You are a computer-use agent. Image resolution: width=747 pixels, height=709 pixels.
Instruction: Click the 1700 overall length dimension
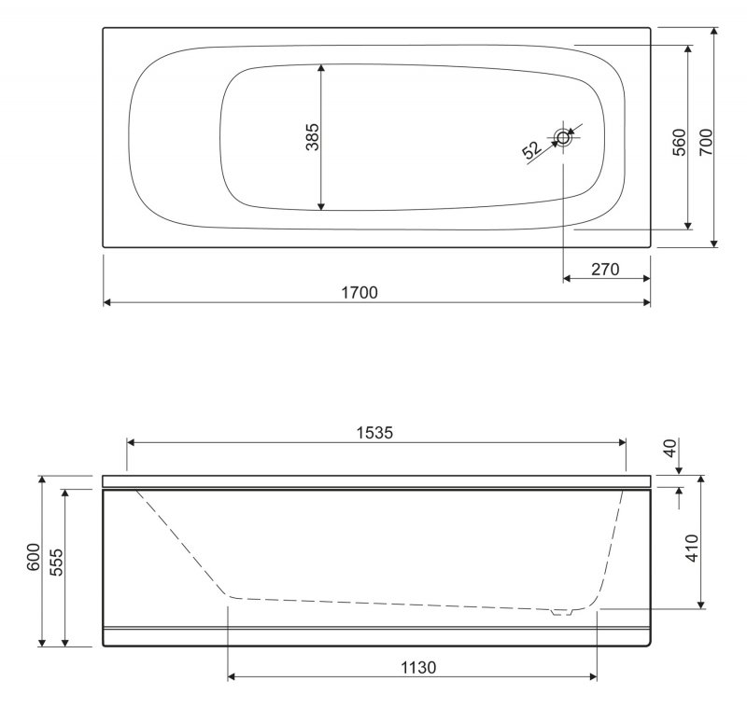pyautogui.click(x=359, y=292)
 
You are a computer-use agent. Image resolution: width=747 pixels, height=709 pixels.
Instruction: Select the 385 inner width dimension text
pyautogui.click(x=313, y=137)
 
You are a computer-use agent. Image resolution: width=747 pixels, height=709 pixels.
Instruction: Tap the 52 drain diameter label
pyautogui.click(x=531, y=150)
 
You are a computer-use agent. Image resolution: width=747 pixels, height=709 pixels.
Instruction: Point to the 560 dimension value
pyautogui.click(x=679, y=142)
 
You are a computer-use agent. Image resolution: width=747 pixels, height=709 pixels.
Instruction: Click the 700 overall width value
pyautogui.click(x=706, y=142)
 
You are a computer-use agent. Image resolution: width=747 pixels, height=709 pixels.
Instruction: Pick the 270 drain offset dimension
pyautogui.click(x=605, y=270)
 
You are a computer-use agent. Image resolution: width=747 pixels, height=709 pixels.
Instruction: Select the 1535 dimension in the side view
pyautogui.click(x=375, y=433)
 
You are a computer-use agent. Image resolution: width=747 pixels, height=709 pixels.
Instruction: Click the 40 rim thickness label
pyautogui.click(x=669, y=448)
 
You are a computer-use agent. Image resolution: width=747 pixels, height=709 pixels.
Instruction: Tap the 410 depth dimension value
pyautogui.click(x=692, y=548)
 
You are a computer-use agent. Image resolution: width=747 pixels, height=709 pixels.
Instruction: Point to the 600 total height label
pyautogui.click(x=34, y=557)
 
